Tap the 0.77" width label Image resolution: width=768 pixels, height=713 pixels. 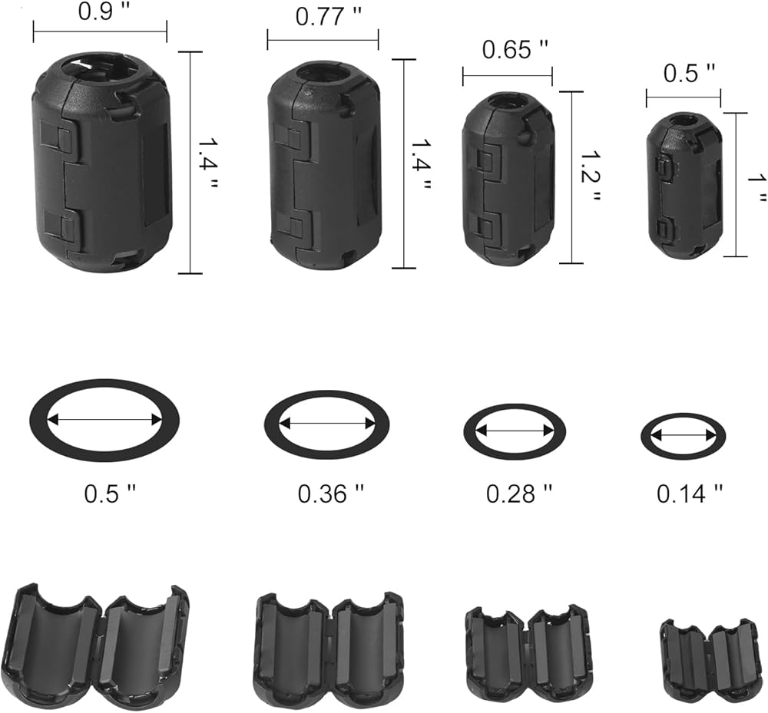(x=329, y=17)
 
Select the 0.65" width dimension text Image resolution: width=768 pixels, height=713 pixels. (x=515, y=49)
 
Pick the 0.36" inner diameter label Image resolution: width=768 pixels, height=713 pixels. (x=331, y=493)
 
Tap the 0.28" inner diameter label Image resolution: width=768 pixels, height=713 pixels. (x=518, y=493)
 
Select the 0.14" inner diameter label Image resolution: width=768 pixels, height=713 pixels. (x=690, y=493)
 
